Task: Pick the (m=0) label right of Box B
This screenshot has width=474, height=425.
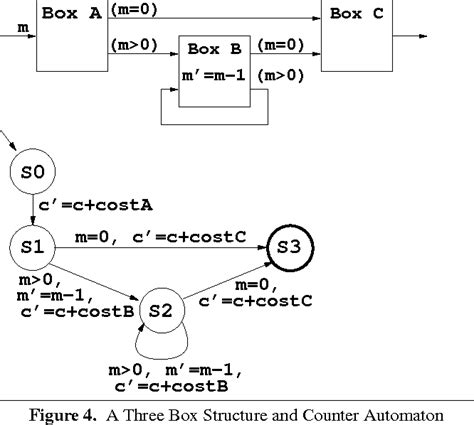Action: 282,45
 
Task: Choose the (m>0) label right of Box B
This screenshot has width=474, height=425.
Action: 282,75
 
